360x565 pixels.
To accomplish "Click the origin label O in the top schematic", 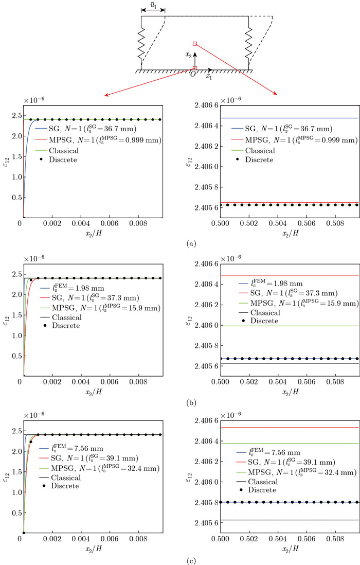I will coord(192,74).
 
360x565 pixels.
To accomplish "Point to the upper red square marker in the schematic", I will coord(194,44).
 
